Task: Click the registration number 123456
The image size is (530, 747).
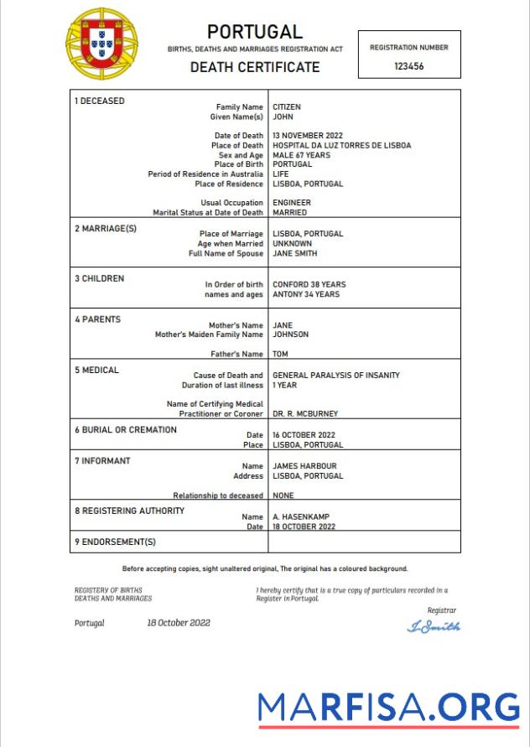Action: [x=408, y=66]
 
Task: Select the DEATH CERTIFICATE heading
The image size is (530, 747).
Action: [x=255, y=67]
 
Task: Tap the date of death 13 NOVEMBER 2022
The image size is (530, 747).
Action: [x=308, y=136]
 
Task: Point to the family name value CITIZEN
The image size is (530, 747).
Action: [x=287, y=107]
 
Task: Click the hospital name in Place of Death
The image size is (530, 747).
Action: [x=341, y=145]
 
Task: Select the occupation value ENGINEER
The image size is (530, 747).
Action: [x=292, y=203]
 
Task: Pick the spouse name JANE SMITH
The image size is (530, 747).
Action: [x=295, y=253]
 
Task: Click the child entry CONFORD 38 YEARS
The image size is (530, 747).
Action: [x=309, y=284]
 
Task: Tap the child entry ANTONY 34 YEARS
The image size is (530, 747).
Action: [x=306, y=294]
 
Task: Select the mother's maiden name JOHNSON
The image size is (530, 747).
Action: [x=290, y=335]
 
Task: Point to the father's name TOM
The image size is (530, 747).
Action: [x=281, y=355]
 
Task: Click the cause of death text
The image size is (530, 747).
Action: [x=335, y=376]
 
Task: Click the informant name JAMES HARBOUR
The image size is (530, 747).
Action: [x=304, y=466]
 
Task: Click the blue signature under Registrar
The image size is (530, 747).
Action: [x=434, y=626]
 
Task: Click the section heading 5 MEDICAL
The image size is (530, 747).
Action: [x=97, y=370]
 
